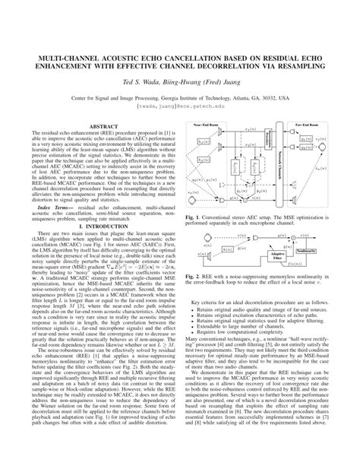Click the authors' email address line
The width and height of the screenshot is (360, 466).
click(180, 108)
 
